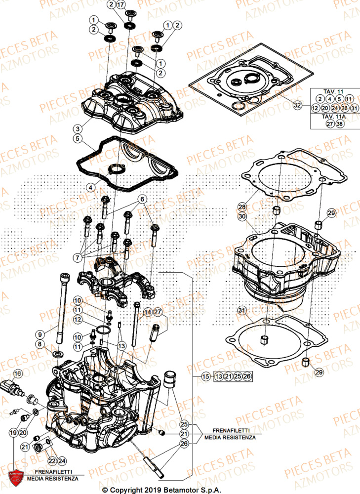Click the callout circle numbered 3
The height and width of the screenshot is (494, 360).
pos(78,128)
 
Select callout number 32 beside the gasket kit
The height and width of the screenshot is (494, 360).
pos(297,105)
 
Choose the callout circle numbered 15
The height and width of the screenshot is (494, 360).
pos(205,376)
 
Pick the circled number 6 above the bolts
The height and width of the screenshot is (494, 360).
pos(142,200)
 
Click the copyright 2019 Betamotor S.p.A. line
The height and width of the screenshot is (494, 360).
pos(180,489)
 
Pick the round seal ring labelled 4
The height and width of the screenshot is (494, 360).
pos(117,170)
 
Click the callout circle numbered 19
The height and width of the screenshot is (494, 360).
pos(12,432)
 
